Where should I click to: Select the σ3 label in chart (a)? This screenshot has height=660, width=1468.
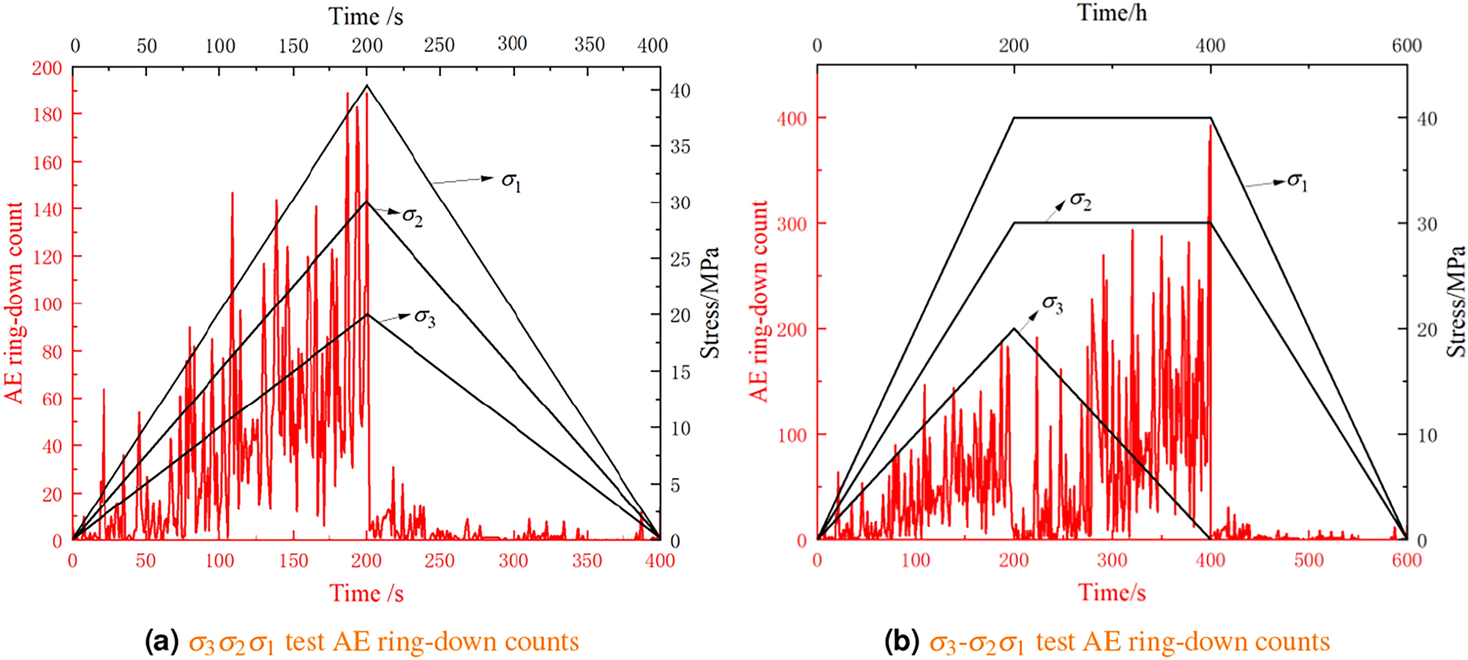424,317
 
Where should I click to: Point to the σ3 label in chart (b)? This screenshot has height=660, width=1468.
1052,304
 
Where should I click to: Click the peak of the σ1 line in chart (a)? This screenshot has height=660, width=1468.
367,86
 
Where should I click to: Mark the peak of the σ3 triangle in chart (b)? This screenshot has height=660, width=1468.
1014,329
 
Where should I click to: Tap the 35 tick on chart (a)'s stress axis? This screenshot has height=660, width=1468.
680,147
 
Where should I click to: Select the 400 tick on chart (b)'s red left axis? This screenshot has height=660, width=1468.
791,118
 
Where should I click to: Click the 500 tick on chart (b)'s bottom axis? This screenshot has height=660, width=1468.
1309,561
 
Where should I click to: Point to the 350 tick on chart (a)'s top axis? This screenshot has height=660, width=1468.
589,45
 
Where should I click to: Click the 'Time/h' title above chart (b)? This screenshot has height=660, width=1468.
1112,12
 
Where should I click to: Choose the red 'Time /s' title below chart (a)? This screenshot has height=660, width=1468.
366,593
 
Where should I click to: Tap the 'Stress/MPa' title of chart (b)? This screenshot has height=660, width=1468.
1456,301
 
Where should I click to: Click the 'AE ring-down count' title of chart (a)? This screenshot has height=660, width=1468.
15,303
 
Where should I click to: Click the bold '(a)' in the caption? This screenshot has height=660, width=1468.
162,642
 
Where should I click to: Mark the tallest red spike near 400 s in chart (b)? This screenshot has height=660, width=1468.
1211,126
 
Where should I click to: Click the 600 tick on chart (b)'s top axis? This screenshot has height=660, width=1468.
1407,45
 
